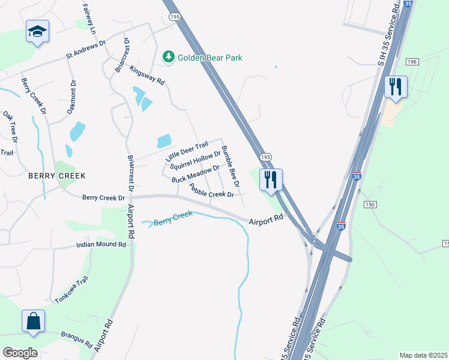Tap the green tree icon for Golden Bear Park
click(x=169, y=57)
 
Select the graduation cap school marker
click(x=37, y=32)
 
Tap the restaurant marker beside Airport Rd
click(x=271, y=179)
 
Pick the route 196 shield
click(x=411, y=62)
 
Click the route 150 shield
click(x=369, y=205)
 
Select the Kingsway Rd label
click(x=146, y=76)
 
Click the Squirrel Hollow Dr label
click(x=195, y=162)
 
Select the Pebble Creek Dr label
click(x=211, y=191)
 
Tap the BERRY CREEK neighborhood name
click(x=56, y=176)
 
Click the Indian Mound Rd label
click(x=101, y=245)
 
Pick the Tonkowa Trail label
click(x=71, y=289)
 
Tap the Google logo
click(x=20, y=353)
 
